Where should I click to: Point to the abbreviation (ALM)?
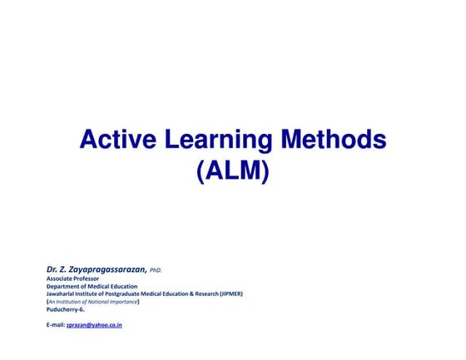point(233,172)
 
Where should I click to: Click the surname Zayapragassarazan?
point(105,269)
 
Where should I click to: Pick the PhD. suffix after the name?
point(156,270)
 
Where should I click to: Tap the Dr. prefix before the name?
point(52,269)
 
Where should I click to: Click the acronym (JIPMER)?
point(231,293)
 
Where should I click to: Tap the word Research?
point(203,293)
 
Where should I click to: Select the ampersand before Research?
point(187,293)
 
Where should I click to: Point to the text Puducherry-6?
point(66,308)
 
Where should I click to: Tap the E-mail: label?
point(55,324)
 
